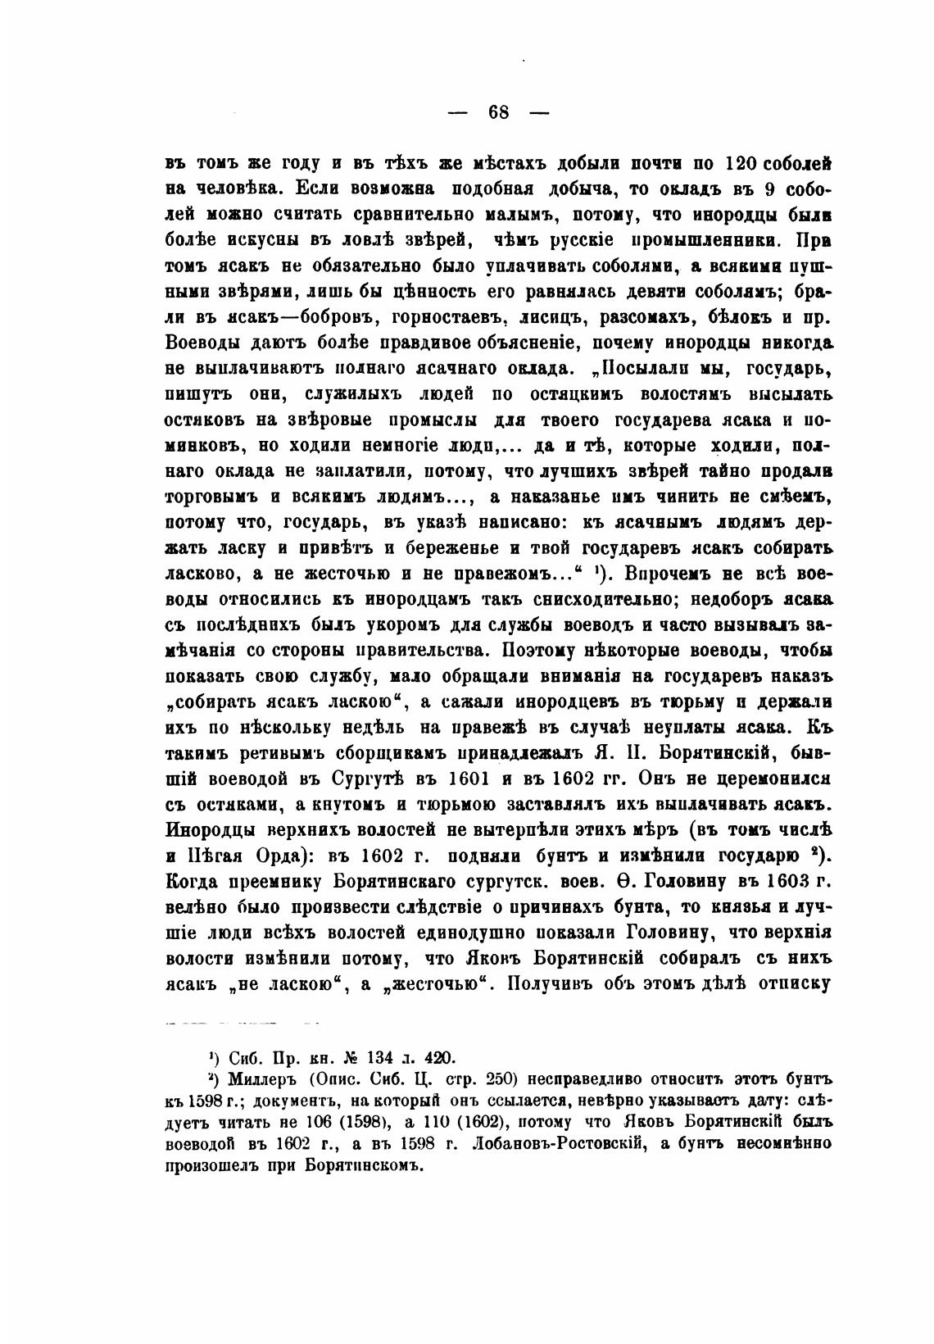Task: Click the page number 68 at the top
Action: coord(499,112)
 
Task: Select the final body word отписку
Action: coord(793,983)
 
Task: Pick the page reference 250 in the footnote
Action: coord(500,1077)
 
